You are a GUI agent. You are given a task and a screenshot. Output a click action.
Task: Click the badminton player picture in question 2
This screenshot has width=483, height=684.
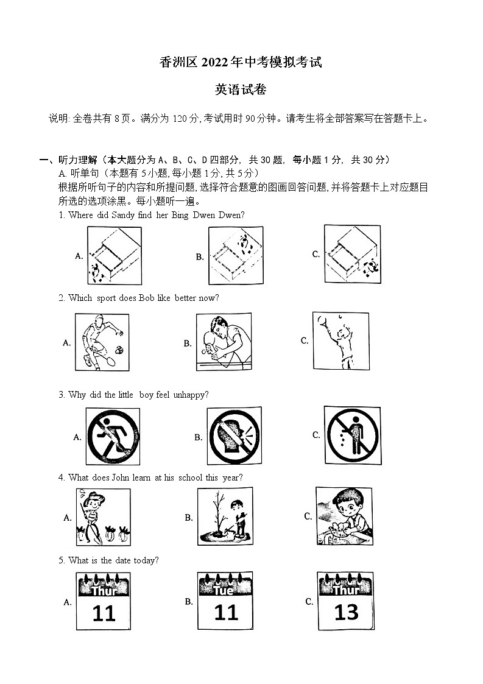pos(102,342)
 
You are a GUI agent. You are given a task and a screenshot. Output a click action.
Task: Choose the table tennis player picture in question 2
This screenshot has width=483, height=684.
pos(223,342)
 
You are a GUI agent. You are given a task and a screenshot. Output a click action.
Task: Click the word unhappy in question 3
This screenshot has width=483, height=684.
pos(191,395)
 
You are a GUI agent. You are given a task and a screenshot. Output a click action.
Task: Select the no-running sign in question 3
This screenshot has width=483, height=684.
pos(113,436)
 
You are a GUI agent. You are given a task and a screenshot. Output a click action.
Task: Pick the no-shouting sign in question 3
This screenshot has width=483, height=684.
pos(234,436)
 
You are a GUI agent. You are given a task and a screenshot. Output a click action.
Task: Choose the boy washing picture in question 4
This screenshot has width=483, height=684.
pos(344,516)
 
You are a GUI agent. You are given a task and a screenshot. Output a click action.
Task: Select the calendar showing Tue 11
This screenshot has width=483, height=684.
pos(226,601)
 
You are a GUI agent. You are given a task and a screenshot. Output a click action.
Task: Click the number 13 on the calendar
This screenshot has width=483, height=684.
pos(346,612)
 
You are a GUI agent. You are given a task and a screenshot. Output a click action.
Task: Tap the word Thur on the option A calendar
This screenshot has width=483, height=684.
pos(104,590)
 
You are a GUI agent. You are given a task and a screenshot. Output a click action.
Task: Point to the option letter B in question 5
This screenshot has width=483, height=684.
pos(189,601)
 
